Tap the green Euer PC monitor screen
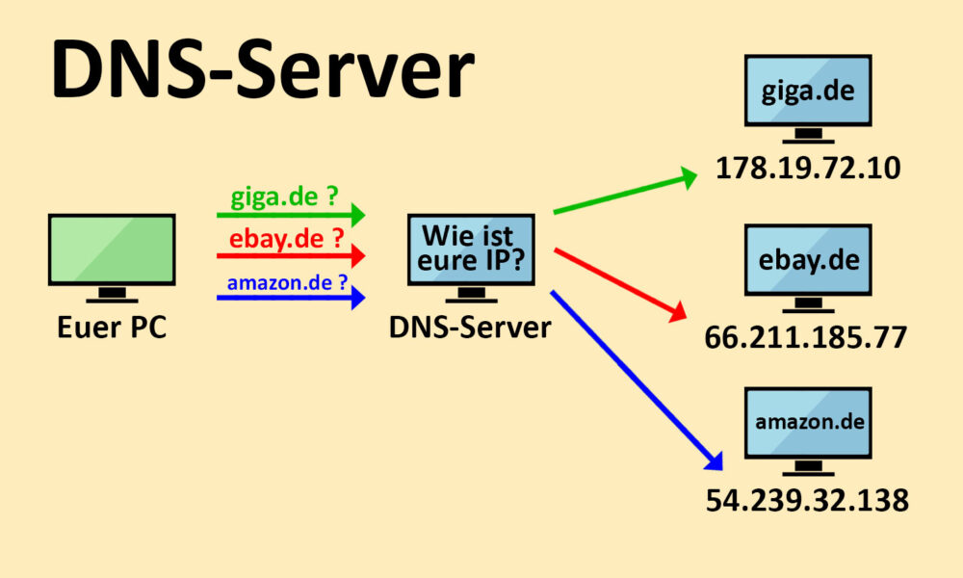pyautogui.click(x=112, y=250)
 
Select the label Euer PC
pyautogui.click(x=112, y=327)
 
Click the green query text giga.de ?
pyautogui.click(x=284, y=198)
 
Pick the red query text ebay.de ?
pyautogui.click(x=286, y=240)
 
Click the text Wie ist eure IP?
pyautogui.click(x=471, y=249)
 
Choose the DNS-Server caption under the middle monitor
pyautogui.click(x=470, y=327)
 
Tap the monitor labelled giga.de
pyautogui.click(x=808, y=92)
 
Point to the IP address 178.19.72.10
pyautogui.click(x=807, y=169)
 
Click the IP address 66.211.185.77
pyautogui.click(x=807, y=337)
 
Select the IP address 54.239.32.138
pyautogui.click(x=807, y=500)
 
